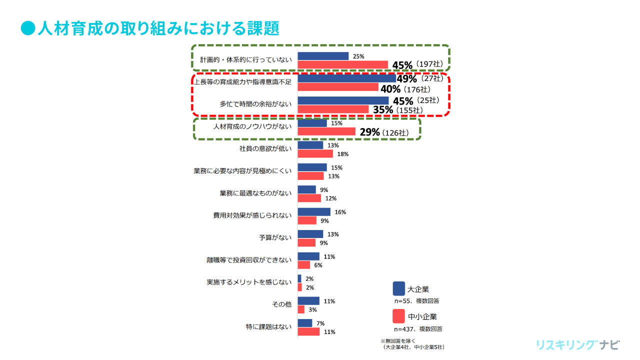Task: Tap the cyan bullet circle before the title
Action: click(x=27, y=28)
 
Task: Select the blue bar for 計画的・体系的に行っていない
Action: click(x=323, y=56)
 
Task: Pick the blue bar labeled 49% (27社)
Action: click(x=346, y=78)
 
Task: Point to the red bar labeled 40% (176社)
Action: click(x=338, y=87)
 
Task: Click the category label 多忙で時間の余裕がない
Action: click(x=255, y=104)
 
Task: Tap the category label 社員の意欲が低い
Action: click(x=265, y=148)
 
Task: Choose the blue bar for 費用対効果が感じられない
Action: click(x=314, y=212)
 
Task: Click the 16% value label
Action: click(x=340, y=212)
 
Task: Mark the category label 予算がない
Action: click(x=275, y=237)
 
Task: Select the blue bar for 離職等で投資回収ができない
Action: click(x=308, y=256)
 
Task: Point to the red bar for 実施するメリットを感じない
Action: click(x=299, y=287)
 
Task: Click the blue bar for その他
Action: click(x=308, y=301)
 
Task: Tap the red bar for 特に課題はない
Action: click(x=308, y=331)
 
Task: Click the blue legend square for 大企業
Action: click(x=398, y=288)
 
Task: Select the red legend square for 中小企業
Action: click(x=398, y=316)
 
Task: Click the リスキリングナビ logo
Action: click(x=577, y=345)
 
